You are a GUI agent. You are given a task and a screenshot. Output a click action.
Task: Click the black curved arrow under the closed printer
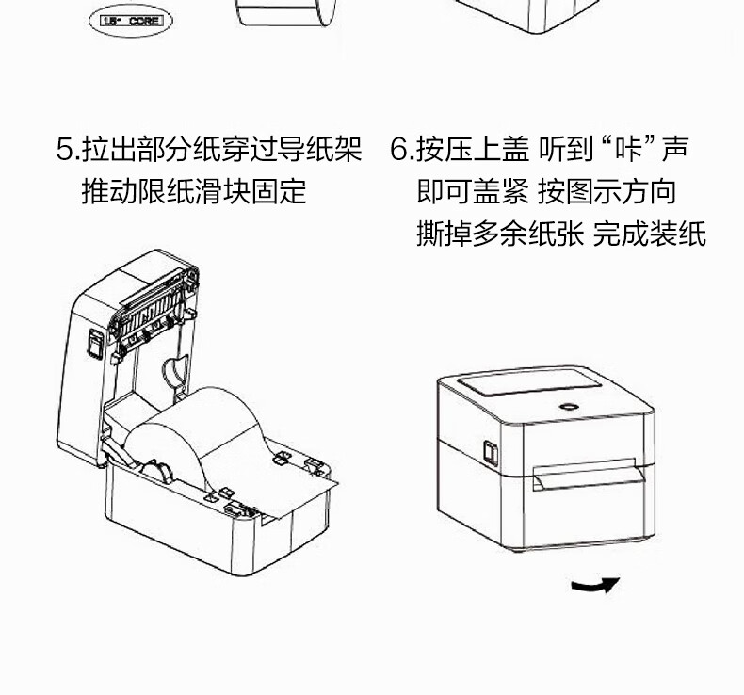pyautogui.click(x=595, y=586)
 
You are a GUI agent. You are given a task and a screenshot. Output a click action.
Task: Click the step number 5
pyautogui.click(x=64, y=150)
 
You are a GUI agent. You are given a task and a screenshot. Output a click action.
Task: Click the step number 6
pyautogui.click(x=399, y=150)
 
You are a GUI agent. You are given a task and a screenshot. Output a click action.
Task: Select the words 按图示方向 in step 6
pyautogui.click(x=607, y=192)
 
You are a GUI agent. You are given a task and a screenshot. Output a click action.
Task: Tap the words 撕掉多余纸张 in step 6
pyautogui.click(x=499, y=234)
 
